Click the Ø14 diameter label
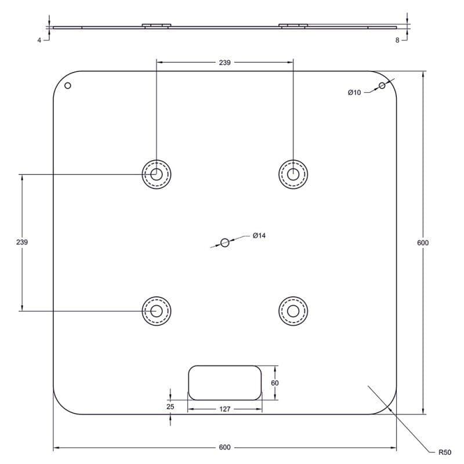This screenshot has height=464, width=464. (259, 235)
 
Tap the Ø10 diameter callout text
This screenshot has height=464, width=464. (354, 93)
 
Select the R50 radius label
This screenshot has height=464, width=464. (445, 452)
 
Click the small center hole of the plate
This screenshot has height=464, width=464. (225, 242)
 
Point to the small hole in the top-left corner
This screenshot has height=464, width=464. (68, 85)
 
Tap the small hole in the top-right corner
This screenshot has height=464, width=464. (382, 85)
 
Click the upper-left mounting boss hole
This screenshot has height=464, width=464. (157, 175)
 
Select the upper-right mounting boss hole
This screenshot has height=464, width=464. (293, 175)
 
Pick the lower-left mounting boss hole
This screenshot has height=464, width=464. (157, 311)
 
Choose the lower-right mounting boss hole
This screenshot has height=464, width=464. (293, 311)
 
